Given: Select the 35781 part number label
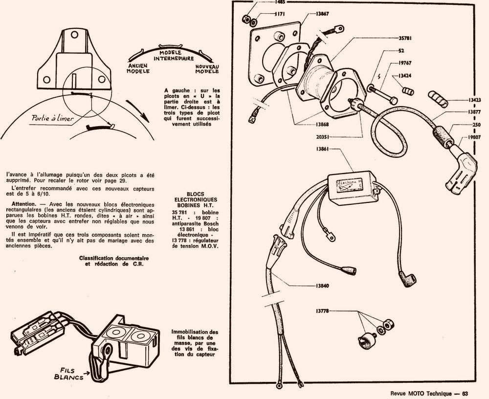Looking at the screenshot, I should pyautogui.click(x=391, y=37).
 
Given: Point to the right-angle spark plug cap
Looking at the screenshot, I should pyautogui.click(x=460, y=171).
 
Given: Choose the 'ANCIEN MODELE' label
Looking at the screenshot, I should pyautogui.click(x=138, y=67).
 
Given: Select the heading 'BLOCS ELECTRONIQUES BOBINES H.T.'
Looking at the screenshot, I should pyautogui.click(x=196, y=199).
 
